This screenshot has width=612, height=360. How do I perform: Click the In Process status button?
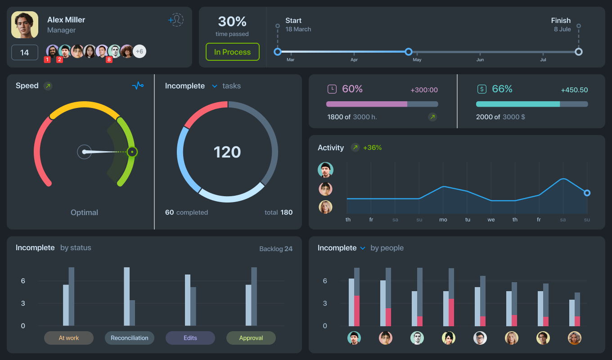point(233,52)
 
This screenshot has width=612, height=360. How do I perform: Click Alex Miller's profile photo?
point(25,25)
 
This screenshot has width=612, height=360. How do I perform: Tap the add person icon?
point(175,20)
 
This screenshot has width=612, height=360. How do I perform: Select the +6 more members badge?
point(139,51)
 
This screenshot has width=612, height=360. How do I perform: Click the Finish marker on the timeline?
point(579,52)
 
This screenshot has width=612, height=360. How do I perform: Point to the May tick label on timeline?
point(417,60)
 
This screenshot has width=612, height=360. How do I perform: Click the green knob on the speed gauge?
point(132,152)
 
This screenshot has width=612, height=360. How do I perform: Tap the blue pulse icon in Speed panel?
point(138,85)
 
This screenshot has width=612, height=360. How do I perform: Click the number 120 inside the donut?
point(227,152)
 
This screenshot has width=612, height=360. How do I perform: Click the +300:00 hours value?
point(424,90)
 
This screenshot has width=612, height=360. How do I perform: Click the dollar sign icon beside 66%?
point(482,89)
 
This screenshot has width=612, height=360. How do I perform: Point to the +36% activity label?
point(372,148)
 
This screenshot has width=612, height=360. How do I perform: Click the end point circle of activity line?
point(587,193)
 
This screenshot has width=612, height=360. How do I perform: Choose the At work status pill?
point(69,338)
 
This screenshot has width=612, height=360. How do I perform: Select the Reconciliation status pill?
point(130,338)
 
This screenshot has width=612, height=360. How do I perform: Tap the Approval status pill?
point(251,338)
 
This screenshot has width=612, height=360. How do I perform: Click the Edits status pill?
point(190,338)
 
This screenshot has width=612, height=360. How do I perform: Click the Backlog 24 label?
point(276,248)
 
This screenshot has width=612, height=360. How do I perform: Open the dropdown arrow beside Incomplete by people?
point(363,248)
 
